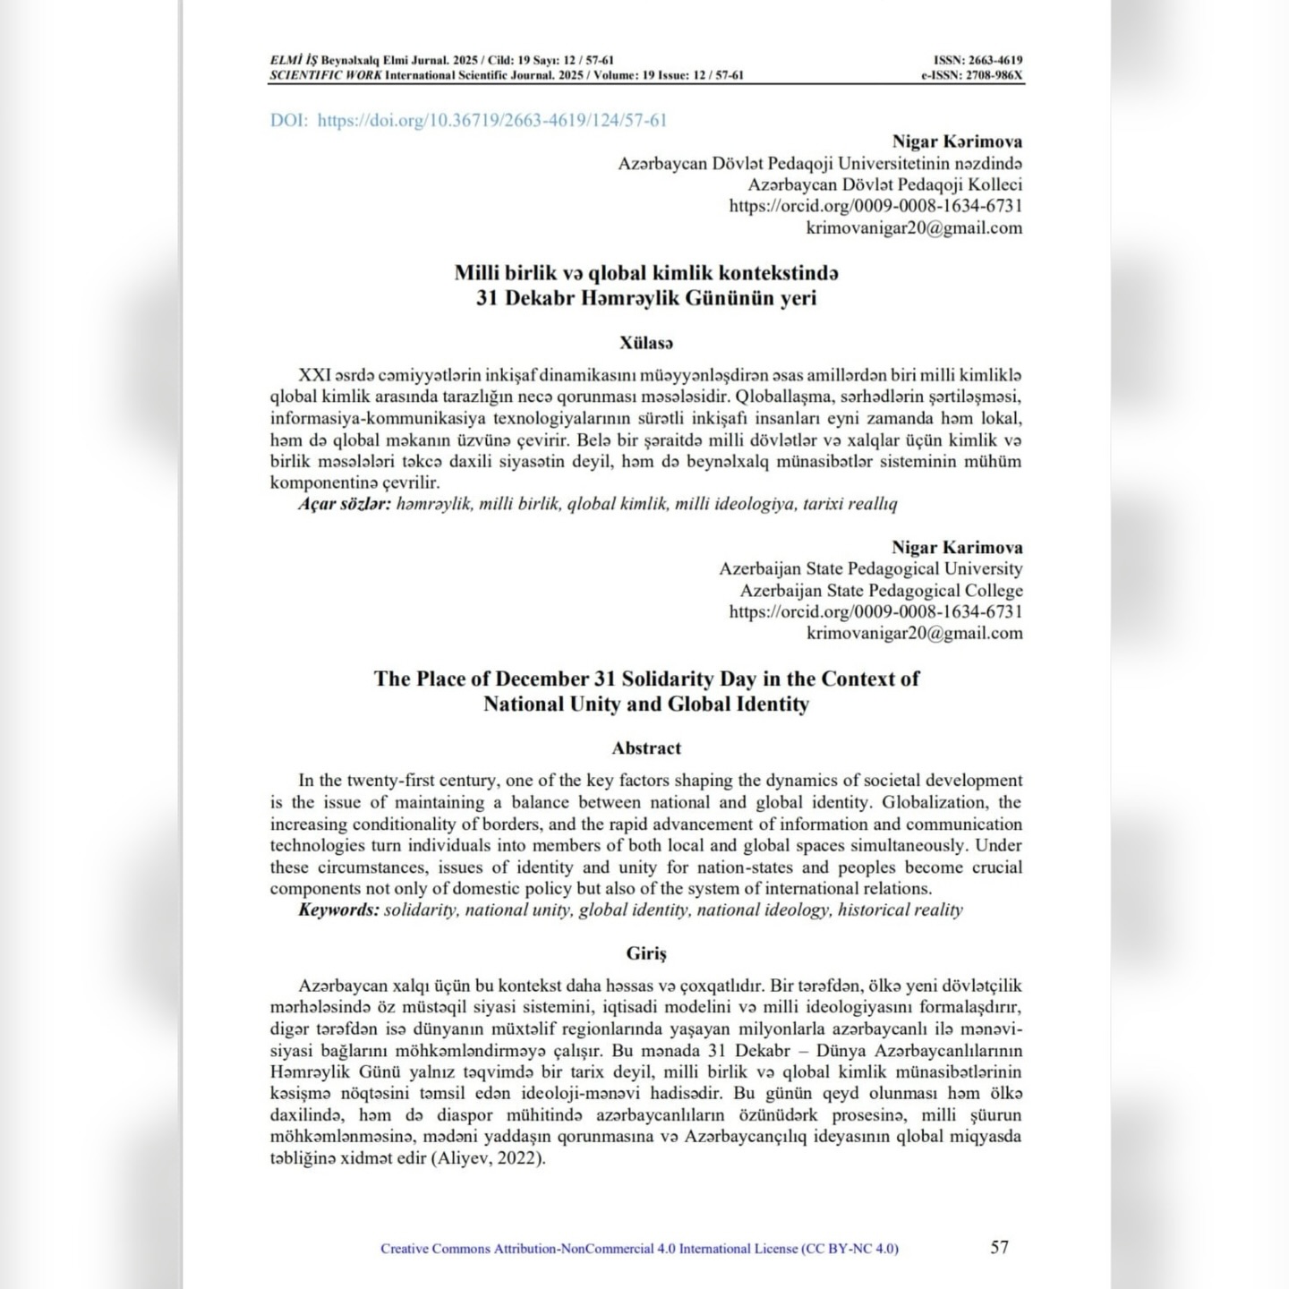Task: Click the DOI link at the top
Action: pos(468,120)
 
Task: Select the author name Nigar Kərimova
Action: pos(957,141)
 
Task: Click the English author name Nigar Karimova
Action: pos(957,548)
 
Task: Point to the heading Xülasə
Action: pos(646,343)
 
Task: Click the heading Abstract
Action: pos(646,748)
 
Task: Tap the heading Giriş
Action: pos(646,954)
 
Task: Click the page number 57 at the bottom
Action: pos(999,1247)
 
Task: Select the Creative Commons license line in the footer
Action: pos(639,1249)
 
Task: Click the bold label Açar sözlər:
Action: pos(345,504)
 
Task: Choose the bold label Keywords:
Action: pos(338,910)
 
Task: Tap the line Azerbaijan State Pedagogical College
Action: pos(881,591)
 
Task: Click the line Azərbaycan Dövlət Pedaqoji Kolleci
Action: pos(884,185)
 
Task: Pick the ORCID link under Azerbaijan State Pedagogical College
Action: pos(875,612)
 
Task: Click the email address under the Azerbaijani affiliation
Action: pos(914,228)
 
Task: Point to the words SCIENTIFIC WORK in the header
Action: pos(326,76)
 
